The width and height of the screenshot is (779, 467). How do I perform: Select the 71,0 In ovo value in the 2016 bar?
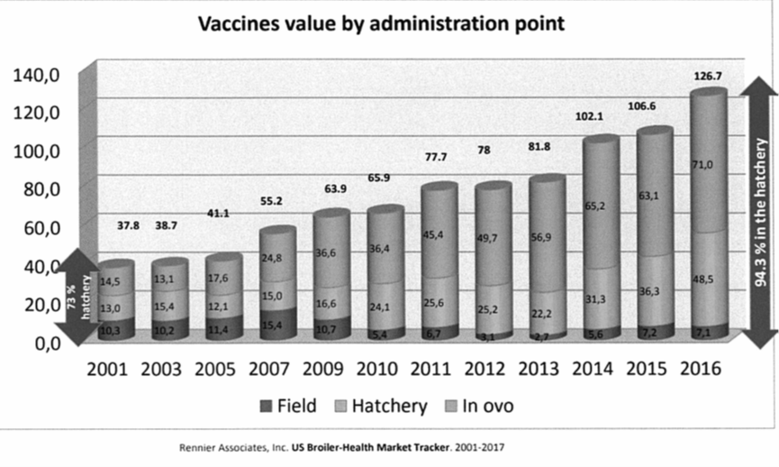(702, 164)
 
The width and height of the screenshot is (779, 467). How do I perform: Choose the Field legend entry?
(287, 406)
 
